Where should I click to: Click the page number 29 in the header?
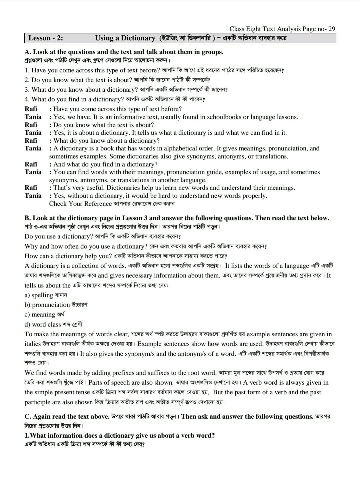click(331, 29)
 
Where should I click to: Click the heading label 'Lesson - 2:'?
click(45, 38)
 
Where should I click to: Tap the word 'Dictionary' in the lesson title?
click(138, 38)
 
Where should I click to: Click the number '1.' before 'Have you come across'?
click(27, 70)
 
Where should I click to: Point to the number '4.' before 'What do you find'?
click(27, 99)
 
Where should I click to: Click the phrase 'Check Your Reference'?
click(80, 204)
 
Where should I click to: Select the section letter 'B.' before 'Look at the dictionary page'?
click(28, 218)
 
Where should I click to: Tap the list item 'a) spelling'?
click(39, 295)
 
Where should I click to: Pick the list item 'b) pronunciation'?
click(47, 305)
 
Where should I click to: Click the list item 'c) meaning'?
click(40, 315)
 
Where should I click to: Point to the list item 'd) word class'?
click(43, 325)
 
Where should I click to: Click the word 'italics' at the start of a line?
click(33, 344)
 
